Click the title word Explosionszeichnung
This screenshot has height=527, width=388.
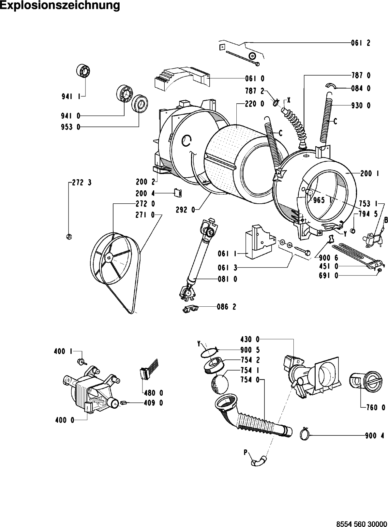(60, 6)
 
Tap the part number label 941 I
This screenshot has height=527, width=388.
(71, 96)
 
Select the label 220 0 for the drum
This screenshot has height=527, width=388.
(255, 104)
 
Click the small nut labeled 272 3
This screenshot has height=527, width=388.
(69, 236)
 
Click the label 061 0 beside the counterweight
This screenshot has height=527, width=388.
(255, 79)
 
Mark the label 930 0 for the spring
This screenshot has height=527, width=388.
(361, 106)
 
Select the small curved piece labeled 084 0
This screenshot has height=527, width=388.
(331, 86)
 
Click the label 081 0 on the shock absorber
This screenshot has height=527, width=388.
(228, 279)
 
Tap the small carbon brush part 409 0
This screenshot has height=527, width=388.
(124, 403)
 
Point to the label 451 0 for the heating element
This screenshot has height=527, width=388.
(328, 266)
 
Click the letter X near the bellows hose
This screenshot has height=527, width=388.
(289, 101)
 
